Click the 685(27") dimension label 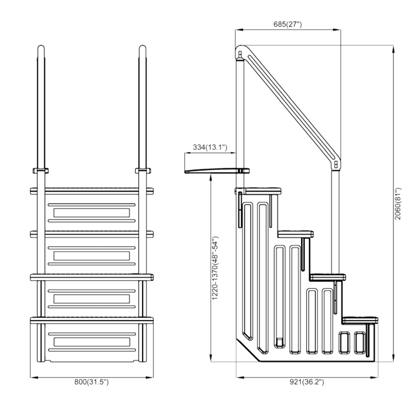pos(288,25)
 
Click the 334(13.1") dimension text pos(210,147)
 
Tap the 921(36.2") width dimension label pos(306,382)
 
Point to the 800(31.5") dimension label pos(91,382)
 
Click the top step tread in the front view pos(92,191)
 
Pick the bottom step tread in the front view pos(92,320)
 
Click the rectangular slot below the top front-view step pos(92,213)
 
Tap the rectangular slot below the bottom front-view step pos(92,342)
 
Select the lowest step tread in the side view pos(361,320)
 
